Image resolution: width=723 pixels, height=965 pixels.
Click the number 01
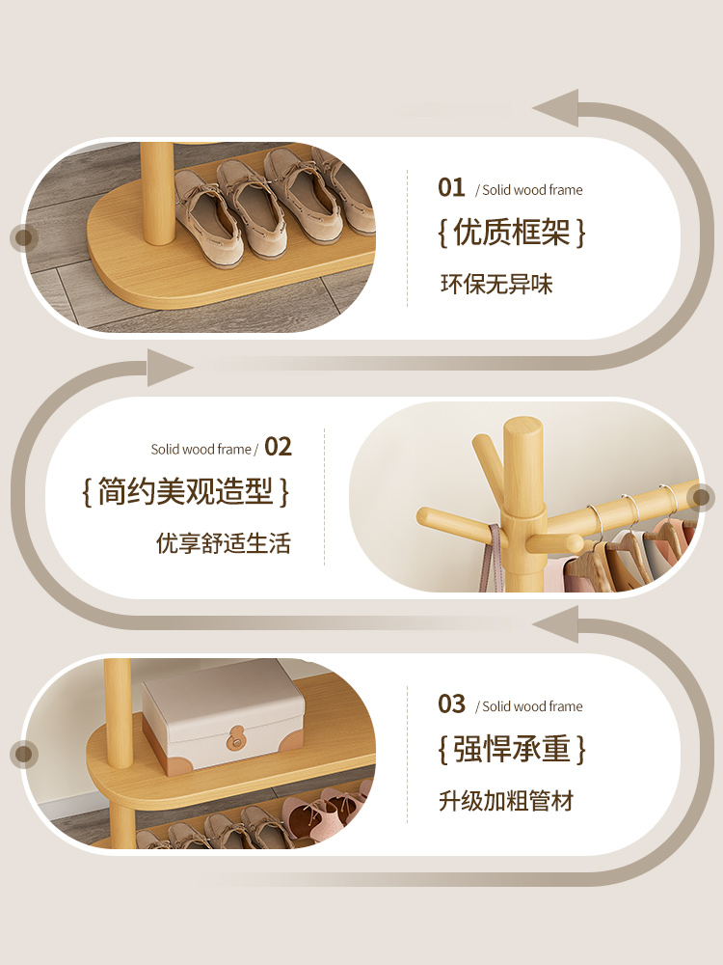click(450, 188)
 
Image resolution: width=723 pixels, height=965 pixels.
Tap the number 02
click(278, 447)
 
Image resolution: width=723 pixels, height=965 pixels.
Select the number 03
click(451, 704)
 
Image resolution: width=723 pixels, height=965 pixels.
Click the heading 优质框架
click(512, 233)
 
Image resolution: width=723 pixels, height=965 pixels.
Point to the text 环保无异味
click(496, 285)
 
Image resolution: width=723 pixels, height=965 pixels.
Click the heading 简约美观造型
click(185, 491)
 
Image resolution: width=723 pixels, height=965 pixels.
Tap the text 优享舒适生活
click(224, 543)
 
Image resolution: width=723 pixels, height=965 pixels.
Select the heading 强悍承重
click(512, 749)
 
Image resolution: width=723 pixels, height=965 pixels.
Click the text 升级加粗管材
click(506, 801)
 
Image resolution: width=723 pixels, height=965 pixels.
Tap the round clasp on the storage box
click(235, 738)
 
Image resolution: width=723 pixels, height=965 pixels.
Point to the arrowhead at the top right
click(556, 108)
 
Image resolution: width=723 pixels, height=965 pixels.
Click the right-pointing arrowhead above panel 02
click(170, 368)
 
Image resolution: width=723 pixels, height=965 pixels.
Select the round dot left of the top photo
click(24, 237)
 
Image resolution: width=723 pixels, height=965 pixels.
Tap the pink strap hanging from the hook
click(492, 558)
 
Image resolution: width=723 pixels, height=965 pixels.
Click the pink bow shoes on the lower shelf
click(326, 812)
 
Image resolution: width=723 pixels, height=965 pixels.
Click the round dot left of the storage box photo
click(24, 754)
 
